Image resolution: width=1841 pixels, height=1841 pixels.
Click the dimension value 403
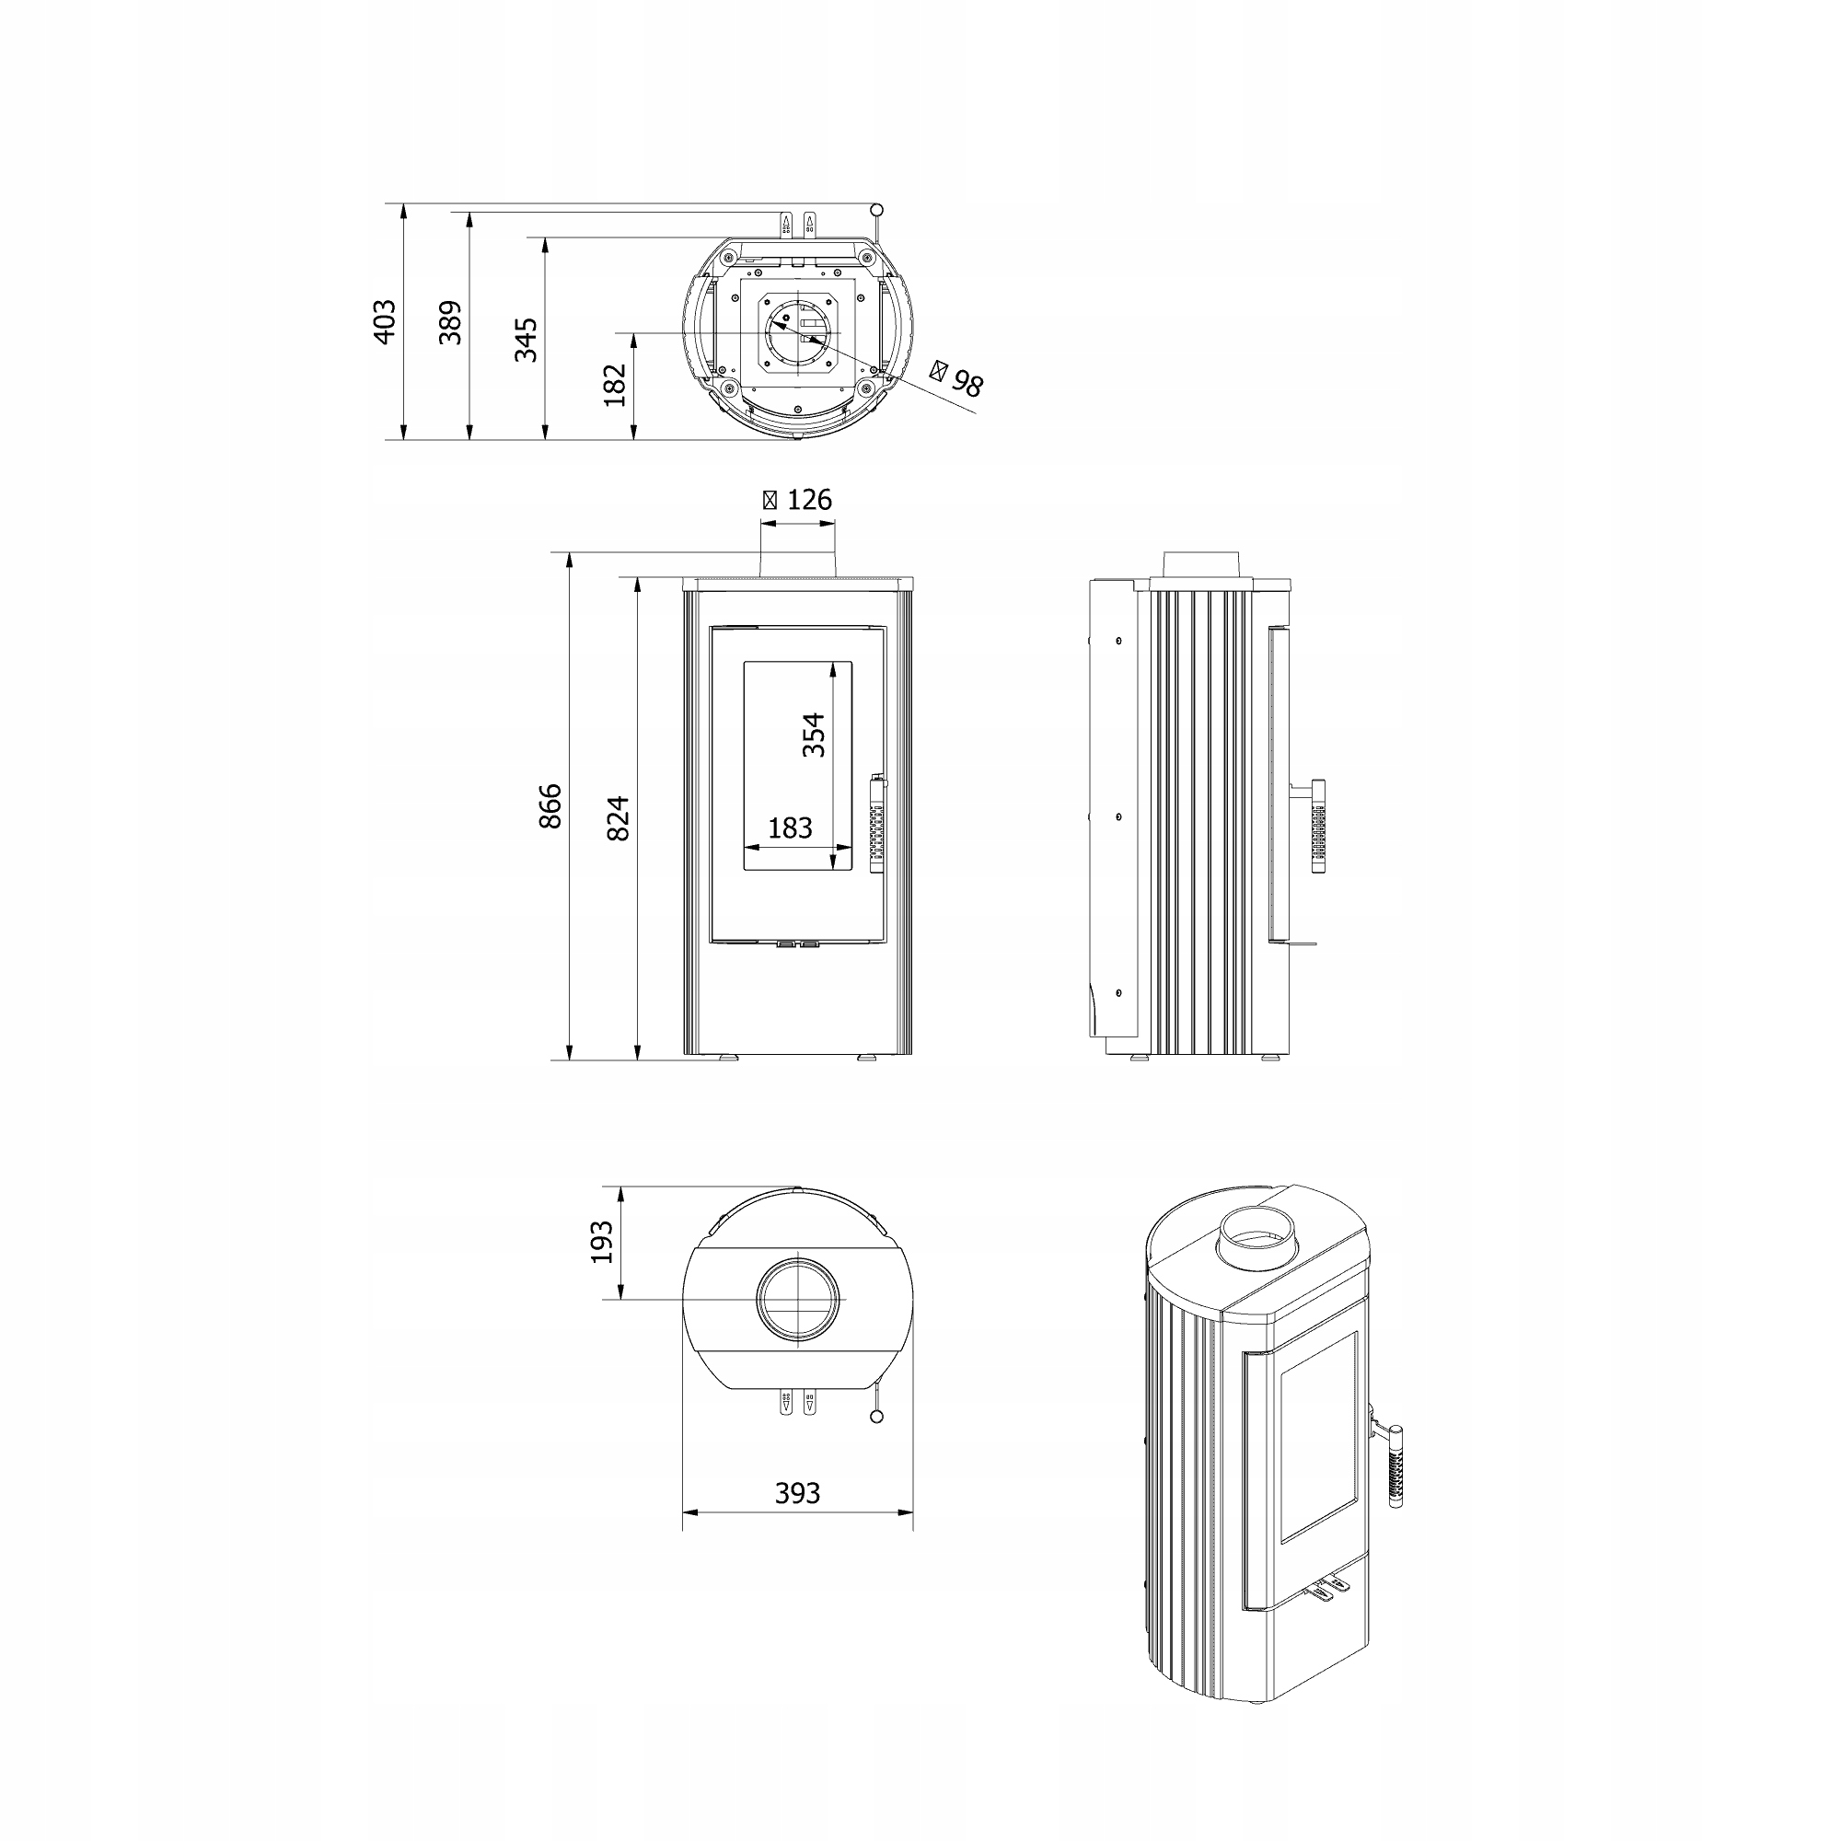click(383, 322)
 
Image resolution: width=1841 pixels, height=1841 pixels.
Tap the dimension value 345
click(526, 340)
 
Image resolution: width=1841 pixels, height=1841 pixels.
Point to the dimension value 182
click(616, 385)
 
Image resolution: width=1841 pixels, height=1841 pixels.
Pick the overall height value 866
click(550, 806)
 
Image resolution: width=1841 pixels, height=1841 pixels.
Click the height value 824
click(619, 817)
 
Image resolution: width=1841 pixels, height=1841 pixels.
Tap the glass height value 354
click(813, 735)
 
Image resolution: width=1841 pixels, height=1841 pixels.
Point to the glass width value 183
click(790, 828)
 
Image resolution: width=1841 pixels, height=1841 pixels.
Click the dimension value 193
click(602, 1242)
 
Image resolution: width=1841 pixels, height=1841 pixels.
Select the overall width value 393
click(796, 1493)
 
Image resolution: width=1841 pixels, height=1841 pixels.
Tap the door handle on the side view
click(1319, 827)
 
